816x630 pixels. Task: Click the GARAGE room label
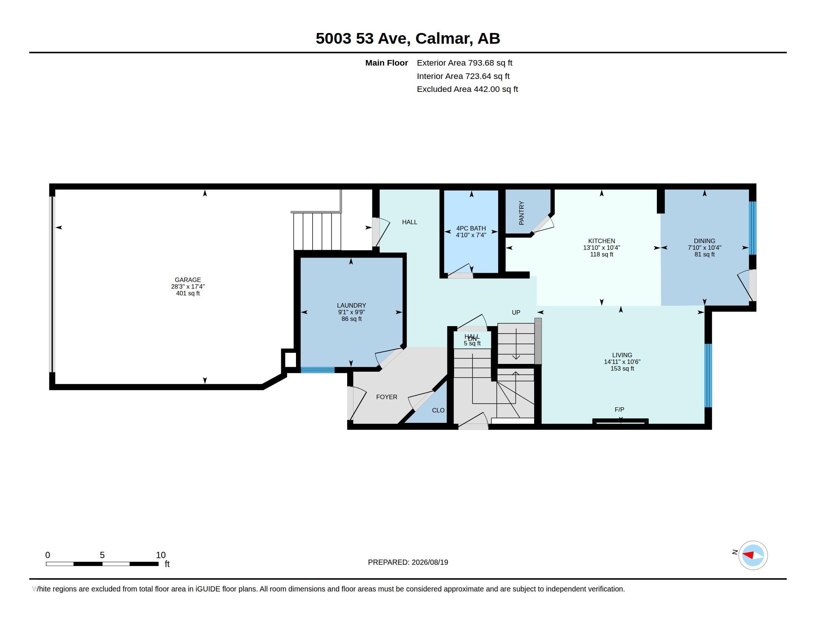pos(188,279)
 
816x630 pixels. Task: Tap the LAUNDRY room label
pos(351,305)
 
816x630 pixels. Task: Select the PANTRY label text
pos(521,213)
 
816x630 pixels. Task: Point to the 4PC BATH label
pos(471,228)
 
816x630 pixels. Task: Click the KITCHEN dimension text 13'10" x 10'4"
pos(602,248)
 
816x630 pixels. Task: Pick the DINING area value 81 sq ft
pos(704,254)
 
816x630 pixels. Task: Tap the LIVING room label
pos(622,355)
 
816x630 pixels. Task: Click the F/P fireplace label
pos(619,409)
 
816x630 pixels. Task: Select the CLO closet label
pos(438,410)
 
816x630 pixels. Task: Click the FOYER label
pos(387,397)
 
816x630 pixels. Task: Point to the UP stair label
pos(516,312)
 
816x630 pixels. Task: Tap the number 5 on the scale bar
pos(102,555)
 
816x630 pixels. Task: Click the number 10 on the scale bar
pos(161,555)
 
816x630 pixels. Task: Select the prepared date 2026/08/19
pos(430,562)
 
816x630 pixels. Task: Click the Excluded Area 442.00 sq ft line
pos(467,89)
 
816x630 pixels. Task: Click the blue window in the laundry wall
pos(317,370)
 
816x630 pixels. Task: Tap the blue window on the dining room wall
pos(753,228)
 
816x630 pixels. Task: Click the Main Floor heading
pos(386,63)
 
